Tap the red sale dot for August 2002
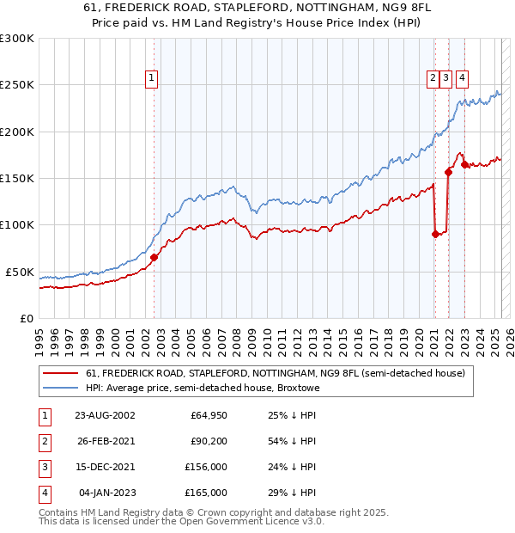pos(154,257)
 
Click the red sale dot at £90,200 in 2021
pos(435,233)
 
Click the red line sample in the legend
pos(60,373)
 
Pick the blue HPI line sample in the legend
pos(60,388)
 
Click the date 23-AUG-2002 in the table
pos(105,415)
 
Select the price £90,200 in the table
pos(209,442)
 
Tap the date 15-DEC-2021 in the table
pos(105,468)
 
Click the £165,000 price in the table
pos(206,493)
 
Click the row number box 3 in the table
pos(43,468)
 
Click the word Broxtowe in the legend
pos(298,388)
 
